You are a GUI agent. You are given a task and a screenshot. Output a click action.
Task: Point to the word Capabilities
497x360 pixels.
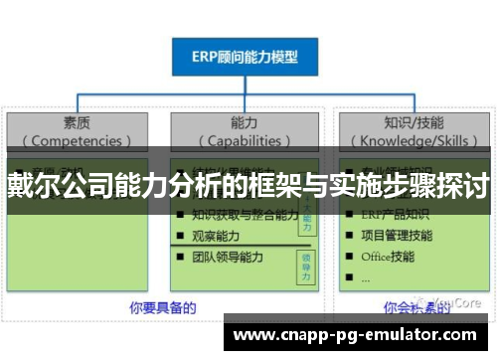pos(245,141)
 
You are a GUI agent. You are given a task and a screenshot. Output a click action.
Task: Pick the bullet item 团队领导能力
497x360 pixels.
pos(229,257)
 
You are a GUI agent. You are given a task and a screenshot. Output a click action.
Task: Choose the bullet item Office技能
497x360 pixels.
pos(389,257)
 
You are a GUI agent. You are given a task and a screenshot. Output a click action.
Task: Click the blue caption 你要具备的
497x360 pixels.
pos(162,308)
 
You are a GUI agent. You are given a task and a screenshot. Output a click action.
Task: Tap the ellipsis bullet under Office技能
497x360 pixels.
pos(366,277)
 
